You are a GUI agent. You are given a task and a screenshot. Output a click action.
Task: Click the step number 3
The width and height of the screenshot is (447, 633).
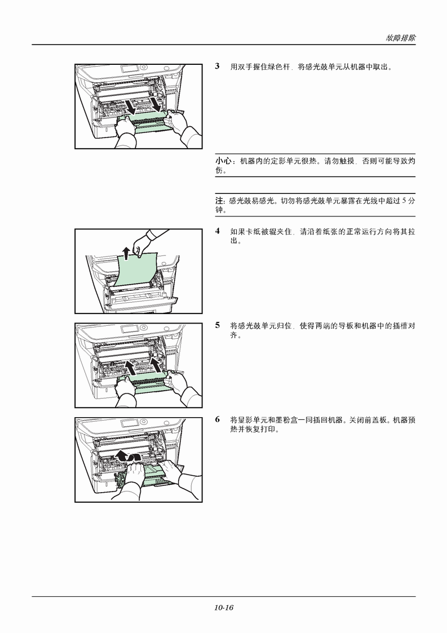[217, 66]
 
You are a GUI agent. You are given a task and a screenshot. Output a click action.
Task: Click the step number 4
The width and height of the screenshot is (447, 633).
[217, 231]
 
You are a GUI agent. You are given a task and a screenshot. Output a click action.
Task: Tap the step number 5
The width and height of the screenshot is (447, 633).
[217, 325]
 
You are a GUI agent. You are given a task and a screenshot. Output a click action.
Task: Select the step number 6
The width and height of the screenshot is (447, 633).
[217, 419]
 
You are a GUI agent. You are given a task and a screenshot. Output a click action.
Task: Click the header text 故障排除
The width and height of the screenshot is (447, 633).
[400, 38]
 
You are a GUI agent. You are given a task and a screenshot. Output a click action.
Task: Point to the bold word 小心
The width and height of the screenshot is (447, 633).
[223, 161]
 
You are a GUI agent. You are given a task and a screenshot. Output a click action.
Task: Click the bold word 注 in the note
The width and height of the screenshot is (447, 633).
[219, 201]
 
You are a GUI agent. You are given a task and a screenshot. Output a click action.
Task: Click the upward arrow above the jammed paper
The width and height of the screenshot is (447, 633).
[126, 253]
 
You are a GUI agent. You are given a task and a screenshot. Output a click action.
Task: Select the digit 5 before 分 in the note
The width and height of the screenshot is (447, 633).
[404, 201]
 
